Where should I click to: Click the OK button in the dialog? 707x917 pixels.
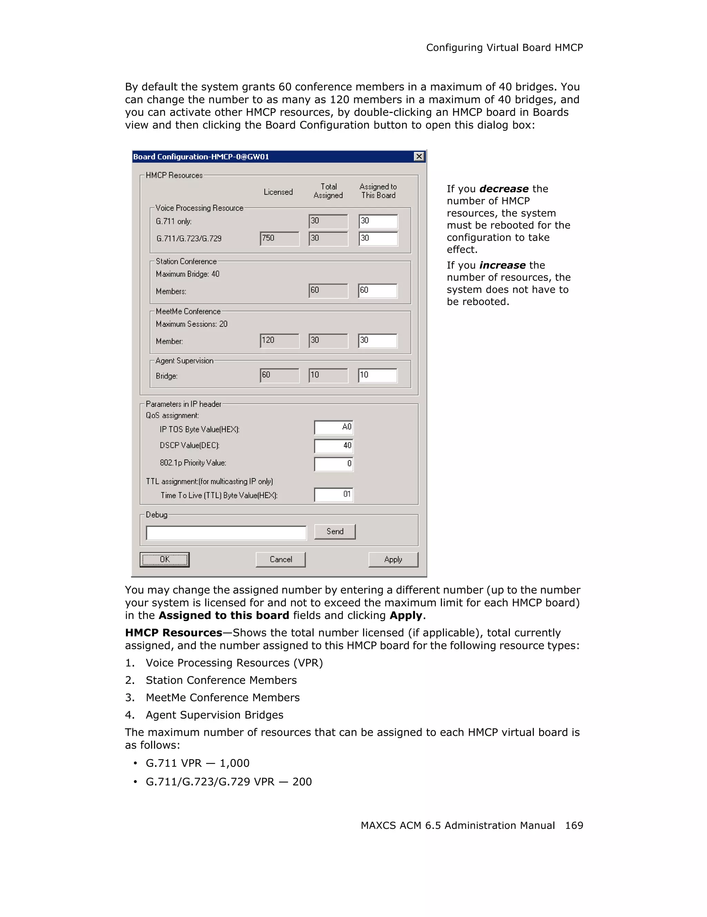[164, 559]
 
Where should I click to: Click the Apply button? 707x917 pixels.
[393, 559]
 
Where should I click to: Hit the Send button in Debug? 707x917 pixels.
[335, 532]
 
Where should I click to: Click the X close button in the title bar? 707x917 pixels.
[419, 156]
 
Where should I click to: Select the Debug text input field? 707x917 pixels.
[226, 533]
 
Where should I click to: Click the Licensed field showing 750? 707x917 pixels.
[279, 238]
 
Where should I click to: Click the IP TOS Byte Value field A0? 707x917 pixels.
[333, 428]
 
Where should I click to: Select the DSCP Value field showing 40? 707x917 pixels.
[333, 446]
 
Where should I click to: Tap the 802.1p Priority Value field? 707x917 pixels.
[333, 464]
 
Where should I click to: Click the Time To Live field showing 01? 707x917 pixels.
[333, 495]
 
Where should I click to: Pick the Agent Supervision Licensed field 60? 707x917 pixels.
[279, 375]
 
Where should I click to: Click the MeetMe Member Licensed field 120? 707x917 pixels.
[279, 341]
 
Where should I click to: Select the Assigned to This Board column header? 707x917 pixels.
[378, 191]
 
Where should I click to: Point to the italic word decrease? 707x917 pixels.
[504, 189]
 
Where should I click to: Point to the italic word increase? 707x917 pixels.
[502, 265]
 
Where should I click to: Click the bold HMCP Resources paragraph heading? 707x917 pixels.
[174, 633]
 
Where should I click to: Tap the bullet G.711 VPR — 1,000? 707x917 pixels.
[197, 763]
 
